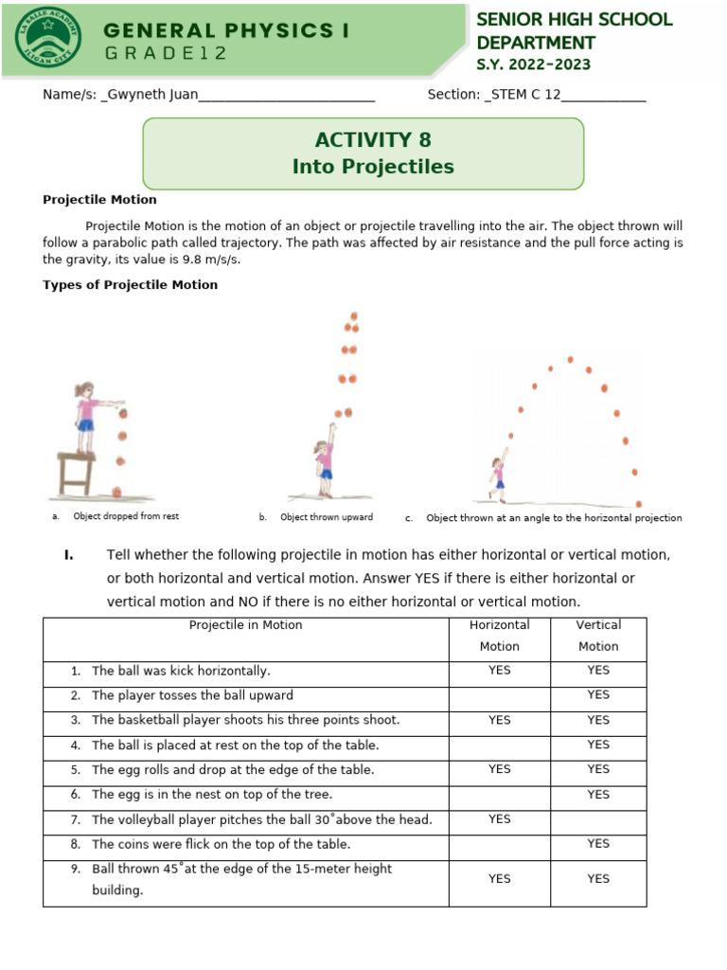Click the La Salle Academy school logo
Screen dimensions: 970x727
coord(48,37)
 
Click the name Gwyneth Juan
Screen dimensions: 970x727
coord(151,95)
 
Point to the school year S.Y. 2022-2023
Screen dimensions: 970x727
coord(533,64)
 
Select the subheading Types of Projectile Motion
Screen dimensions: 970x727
coord(131,284)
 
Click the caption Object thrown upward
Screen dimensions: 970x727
coord(327,517)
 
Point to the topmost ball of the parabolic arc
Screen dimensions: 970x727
coord(570,359)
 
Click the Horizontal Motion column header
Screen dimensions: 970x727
coord(499,636)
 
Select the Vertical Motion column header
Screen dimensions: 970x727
coord(597,636)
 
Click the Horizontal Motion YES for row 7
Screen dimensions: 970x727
coord(499,818)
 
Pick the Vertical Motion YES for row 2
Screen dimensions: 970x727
coord(597,694)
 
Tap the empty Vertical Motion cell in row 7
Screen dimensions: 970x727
coord(597,818)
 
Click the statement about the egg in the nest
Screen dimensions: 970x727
coord(212,794)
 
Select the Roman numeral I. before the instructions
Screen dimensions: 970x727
coord(69,554)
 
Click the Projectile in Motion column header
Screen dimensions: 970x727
coord(245,625)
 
